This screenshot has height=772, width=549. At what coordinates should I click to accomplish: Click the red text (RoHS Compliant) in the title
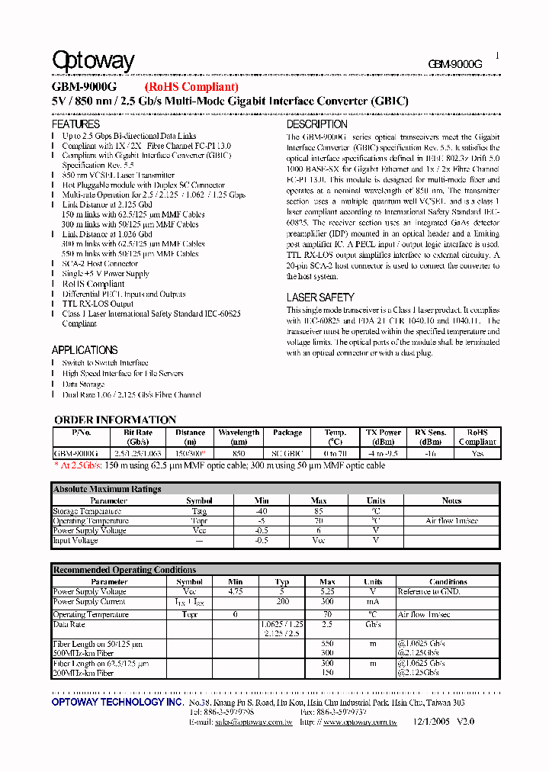pos(191,87)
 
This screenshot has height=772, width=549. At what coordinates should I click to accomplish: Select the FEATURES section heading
pos(75,124)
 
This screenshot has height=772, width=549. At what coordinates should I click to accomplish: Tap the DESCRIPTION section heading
pos(316,124)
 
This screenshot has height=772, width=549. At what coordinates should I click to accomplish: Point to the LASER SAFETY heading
pos(320,297)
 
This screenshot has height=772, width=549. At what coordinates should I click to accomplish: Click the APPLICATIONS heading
pos(84,349)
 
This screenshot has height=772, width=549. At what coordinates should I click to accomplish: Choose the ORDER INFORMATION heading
pos(115,420)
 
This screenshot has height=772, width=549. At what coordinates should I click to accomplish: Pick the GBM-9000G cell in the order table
pos(75,452)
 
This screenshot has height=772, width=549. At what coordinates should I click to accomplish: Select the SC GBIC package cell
pos(287,452)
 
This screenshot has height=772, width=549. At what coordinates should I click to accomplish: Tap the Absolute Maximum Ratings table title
pos(107,489)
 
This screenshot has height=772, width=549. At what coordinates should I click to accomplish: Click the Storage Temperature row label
pos(86,511)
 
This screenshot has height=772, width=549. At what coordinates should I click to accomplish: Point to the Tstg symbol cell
pos(199,511)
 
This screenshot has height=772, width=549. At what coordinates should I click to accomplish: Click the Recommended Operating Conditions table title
pos(124,570)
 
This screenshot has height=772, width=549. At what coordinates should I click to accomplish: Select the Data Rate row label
pos(69,624)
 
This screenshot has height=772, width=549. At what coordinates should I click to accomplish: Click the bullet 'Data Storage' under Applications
pos(83,384)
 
